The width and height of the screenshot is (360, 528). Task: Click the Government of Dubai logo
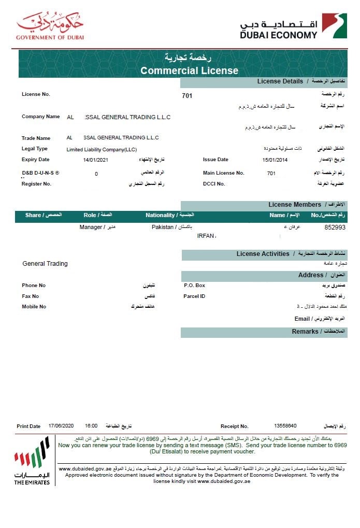[x=50, y=26]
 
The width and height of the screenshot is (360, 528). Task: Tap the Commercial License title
[x=189, y=70]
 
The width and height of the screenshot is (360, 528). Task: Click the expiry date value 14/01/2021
[x=95, y=160]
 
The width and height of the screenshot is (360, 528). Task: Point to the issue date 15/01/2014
[x=275, y=160]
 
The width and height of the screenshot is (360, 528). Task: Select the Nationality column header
[x=169, y=215]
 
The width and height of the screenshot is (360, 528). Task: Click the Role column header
[x=97, y=215]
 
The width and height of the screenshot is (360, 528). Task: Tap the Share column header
[x=44, y=215]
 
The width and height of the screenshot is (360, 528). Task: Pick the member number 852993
[x=335, y=227]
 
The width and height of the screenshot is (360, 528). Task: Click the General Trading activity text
[x=45, y=264]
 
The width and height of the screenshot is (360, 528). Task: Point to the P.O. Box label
[x=194, y=286]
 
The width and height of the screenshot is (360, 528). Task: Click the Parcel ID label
[x=194, y=296]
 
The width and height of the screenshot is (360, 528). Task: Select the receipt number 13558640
[x=285, y=426]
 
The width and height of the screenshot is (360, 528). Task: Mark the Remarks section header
[x=305, y=332]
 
